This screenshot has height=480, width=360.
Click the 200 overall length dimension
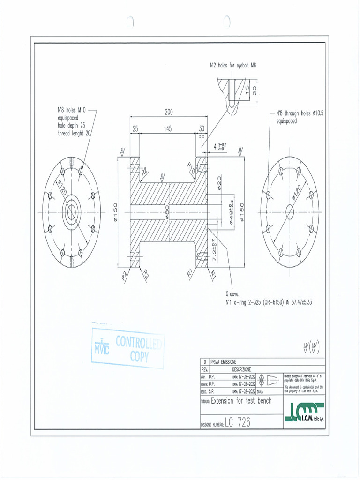point(169,112)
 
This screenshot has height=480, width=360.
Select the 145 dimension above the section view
point(168,128)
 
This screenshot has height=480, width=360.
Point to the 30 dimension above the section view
point(202,128)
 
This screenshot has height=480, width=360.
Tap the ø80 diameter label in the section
point(166,213)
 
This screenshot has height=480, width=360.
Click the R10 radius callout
point(192,168)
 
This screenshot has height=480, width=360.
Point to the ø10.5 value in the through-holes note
point(319,113)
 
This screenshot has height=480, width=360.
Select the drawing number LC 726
point(238,422)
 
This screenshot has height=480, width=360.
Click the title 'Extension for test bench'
point(241,401)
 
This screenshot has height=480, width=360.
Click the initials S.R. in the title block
point(212,390)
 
